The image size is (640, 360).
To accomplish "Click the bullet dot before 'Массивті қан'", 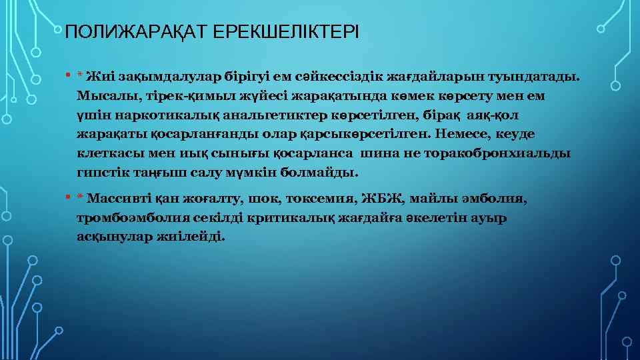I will pos(68,198).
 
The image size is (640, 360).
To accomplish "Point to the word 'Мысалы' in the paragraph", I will pos(101,96).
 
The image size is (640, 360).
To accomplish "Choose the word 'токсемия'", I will pos(325,199).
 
